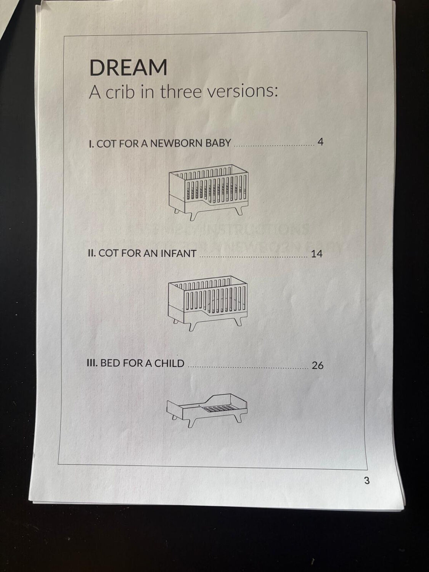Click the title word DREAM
(128, 68)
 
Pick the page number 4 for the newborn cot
(320, 142)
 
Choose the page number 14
(317, 254)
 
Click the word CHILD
(169, 363)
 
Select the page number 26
(318, 366)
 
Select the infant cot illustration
(208, 303)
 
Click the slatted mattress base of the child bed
(218, 409)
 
